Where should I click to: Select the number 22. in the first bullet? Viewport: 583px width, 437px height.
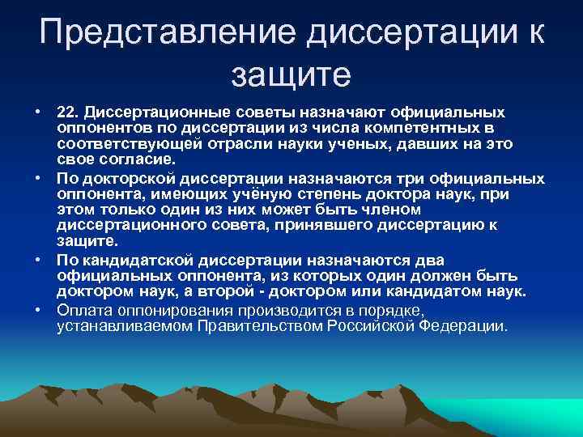click(70, 110)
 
